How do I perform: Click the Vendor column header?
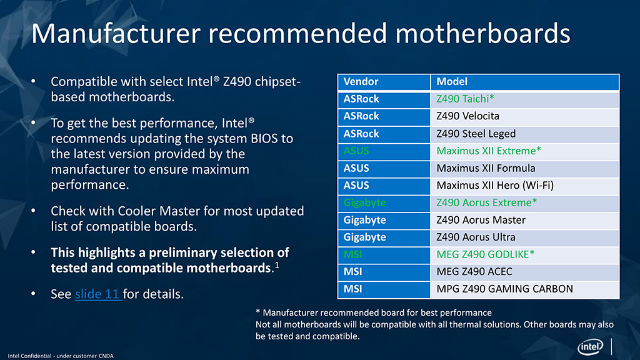tap(384, 82)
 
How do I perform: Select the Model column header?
tap(525, 82)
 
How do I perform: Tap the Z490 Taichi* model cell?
tap(525, 99)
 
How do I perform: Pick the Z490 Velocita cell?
tap(525, 116)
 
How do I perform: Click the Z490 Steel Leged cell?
tap(525, 134)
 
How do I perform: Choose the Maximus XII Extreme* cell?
tap(525, 151)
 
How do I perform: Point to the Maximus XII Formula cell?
tap(525, 168)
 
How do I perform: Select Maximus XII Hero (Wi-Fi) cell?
tap(525, 186)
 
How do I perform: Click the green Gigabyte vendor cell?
tap(384, 203)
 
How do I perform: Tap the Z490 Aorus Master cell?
tap(525, 220)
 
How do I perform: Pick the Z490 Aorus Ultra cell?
tap(525, 237)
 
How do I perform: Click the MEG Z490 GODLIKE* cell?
tap(525, 255)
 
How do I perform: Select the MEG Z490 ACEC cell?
tap(525, 272)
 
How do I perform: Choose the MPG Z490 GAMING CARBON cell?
tap(525, 289)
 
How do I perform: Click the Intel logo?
tap(590, 347)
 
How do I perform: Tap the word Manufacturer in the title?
tap(116, 34)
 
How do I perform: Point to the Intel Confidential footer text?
tap(61, 356)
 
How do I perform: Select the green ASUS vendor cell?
tap(384, 151)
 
